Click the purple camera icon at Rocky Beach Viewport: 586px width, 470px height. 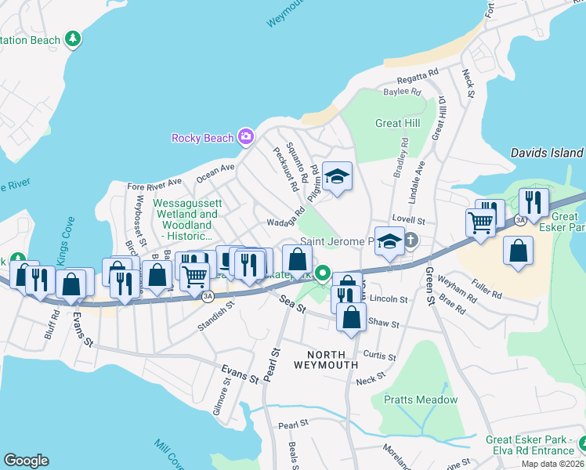click(246, 138)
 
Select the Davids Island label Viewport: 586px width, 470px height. click(546, 154)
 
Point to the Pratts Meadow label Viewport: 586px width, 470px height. click(421, 399)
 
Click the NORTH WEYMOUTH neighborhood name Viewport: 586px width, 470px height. click(326, 360)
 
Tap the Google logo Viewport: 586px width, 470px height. click(26, 461)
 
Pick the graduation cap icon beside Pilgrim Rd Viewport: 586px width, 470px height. click(338, 175)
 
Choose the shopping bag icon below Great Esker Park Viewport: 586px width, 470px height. click(518, 251)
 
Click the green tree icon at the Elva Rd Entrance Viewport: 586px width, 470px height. click(581, 444)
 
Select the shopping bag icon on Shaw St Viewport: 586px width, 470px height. click(351, 316)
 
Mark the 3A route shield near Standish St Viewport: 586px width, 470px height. click(208, 297)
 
